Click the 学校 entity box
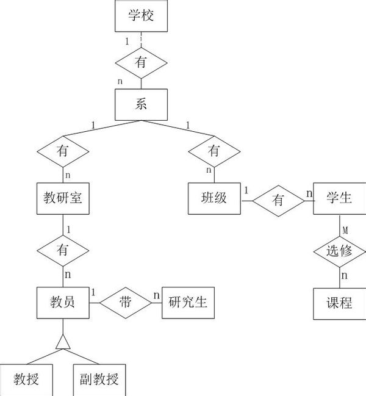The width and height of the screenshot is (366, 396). coord(141,16)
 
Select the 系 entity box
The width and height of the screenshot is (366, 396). coord(141,104)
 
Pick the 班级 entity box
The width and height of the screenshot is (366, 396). coord(214,198)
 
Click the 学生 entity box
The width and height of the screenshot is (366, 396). coord(339,198)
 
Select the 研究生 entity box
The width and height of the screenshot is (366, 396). coord(188,301)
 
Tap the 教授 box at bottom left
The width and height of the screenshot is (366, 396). coord(26,380)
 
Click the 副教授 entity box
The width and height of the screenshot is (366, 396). coord(99,380)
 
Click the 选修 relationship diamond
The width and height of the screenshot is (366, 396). coord(339,251)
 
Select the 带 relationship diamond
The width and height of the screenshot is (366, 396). coord(125,301)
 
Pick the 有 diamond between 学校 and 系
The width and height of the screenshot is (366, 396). coord(141,62)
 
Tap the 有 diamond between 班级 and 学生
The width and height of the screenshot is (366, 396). coord(278,199)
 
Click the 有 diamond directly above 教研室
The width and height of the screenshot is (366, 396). coord(63,151)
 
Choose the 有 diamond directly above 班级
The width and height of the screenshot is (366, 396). coord(214,151)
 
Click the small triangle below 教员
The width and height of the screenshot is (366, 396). coord(63,343)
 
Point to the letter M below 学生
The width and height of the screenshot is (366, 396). coord(345,230)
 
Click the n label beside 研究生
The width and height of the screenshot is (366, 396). coord(156,296)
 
